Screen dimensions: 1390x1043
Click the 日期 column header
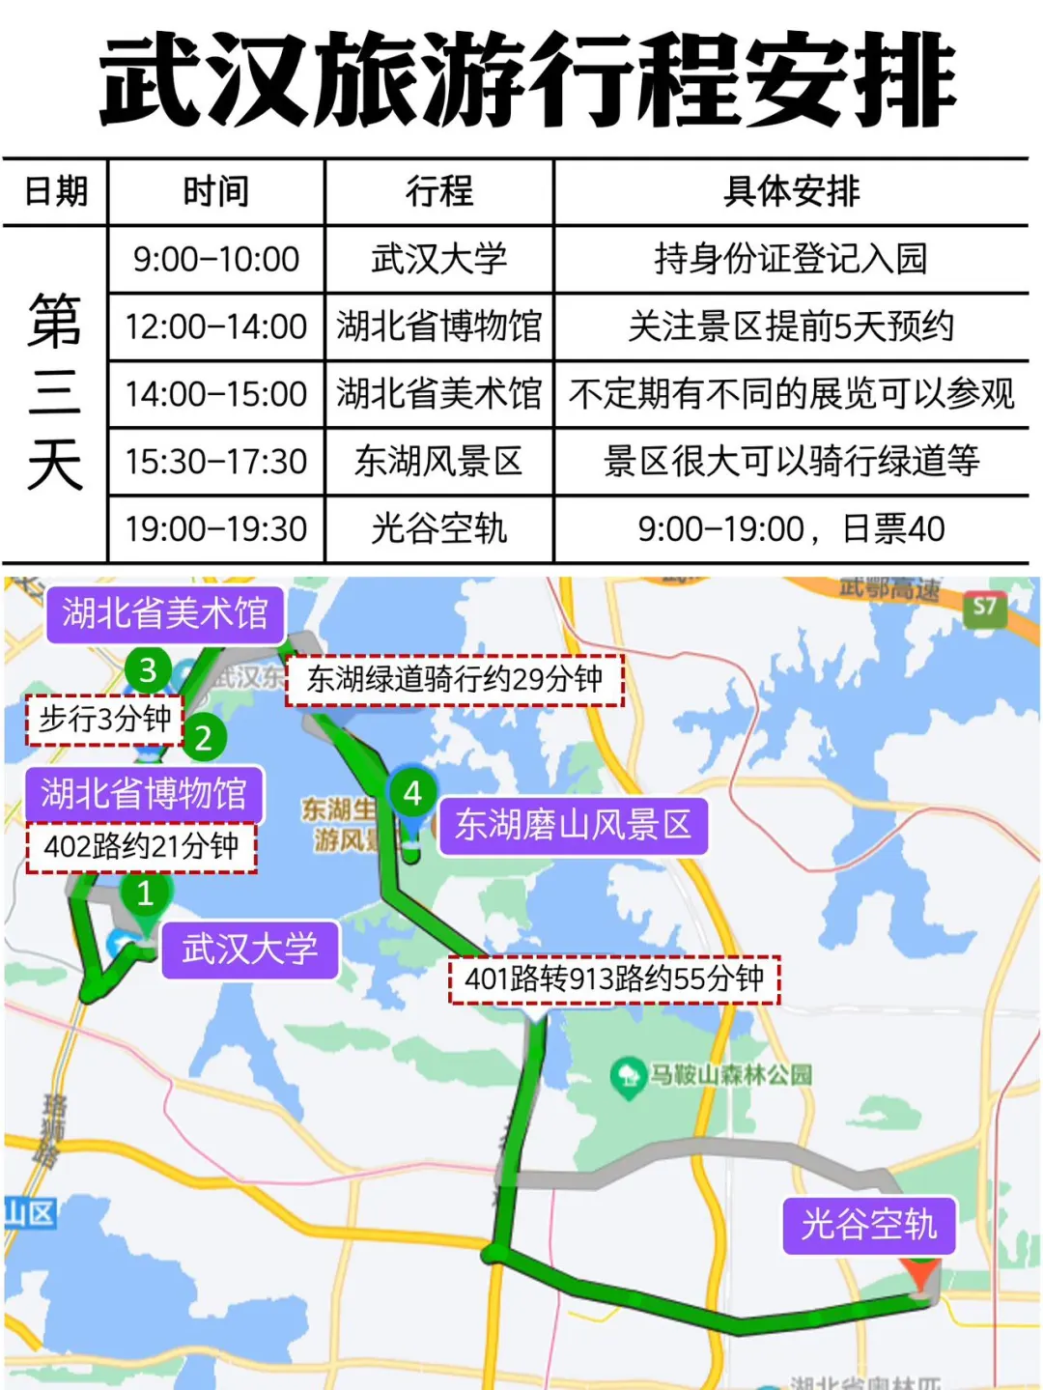pyautogui.click(x=55, y=191)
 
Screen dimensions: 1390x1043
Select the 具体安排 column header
pyautogui.click(x=791, y=191)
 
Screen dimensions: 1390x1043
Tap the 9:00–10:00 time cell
pyautogui.click(x=216, y=259)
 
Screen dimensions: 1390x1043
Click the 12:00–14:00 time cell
pyautogui.click(x=216, y=326)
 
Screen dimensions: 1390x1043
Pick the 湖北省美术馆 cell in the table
pyautogui.click(x=439, y=394)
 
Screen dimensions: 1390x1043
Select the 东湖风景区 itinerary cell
pyautogui.click(x=439, y=462)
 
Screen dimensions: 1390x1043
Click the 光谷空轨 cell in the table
pyautogui.click(x=439, y=528)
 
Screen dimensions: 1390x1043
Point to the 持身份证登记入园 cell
pyautogui.click(x=791, y=259)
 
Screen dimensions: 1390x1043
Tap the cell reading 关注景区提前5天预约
pyautogui.click(x=791, y=326)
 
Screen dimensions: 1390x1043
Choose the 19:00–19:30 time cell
pyautogui.click(x=216, y=528)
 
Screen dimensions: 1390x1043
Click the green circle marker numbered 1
pyautogui.click(x=146, y=894)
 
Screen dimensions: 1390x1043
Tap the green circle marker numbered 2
pyautogui.click(x=203, y=739)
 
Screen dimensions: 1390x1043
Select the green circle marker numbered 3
pyautogui.click(x=148, y=669)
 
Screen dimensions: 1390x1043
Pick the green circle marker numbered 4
pyautogui.click(x=412, y=793)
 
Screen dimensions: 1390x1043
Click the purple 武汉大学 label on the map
pyautogui.click(x=249, y=950)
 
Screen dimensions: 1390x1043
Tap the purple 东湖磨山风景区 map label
pyautogui.click(x=574, y=825)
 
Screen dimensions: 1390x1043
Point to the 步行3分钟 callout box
pyautogui.click(x=104, y=720)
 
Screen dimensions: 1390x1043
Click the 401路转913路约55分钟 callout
pyautogui.click(x=614, y=979)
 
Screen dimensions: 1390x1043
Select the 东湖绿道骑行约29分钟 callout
pyautogui.click(x=455, y=679)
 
